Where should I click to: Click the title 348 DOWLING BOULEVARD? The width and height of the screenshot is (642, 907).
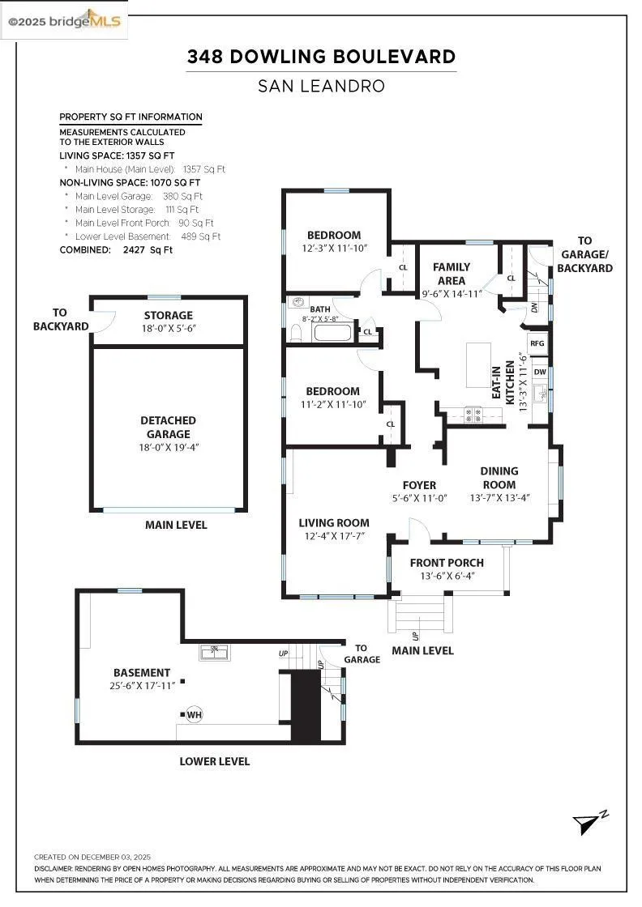tap(321, 57)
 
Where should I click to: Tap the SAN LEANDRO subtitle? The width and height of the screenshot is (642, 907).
tap(321, 85)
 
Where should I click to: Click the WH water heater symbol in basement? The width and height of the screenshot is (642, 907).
tap(194, 714)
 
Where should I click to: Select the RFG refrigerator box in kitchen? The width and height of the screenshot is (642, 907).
tap(537, 343)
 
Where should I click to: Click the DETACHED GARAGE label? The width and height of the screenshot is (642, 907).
tap(168, 428)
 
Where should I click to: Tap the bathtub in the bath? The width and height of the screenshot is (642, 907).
tap(332, 331)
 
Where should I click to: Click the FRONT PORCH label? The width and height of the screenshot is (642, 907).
tap(447, 563)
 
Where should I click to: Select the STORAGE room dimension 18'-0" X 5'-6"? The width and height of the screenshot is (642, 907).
tap(169, 329)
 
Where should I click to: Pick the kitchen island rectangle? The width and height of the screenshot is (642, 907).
tap(479, 366)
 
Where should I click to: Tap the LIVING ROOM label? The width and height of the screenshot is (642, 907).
tap(333, 523)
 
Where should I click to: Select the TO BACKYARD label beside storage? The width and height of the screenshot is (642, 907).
tap(49, 319)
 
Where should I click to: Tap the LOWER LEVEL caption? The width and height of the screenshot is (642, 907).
tap(214, 761)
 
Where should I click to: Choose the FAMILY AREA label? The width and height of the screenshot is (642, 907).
tap(452, 274)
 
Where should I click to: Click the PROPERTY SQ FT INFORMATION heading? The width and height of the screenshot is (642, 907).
tap(131, 117)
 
